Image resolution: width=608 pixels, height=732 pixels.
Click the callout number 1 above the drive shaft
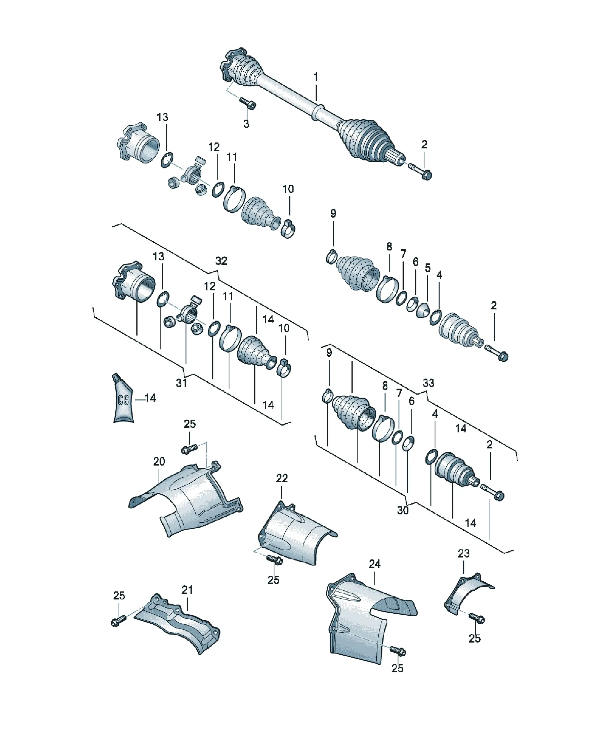(316, 77)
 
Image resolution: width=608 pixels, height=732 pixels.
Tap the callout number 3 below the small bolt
(246, 124)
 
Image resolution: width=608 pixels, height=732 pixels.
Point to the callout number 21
(187, 590)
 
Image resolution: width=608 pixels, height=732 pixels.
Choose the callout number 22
(282, 478)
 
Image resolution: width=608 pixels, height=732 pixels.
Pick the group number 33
(429, 383)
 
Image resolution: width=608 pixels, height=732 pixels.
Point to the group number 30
(403, 510)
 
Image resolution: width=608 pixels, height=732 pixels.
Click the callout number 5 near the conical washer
(428, 268)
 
